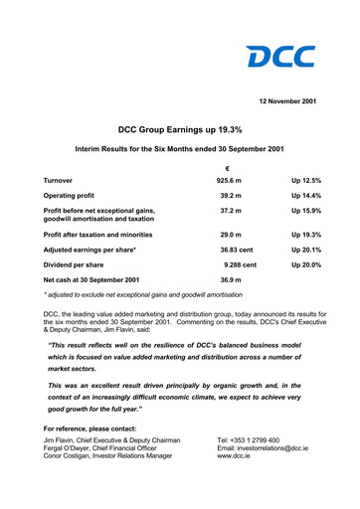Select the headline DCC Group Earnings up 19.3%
point(180,129)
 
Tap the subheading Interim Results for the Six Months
point(180,149)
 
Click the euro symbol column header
point(228,167)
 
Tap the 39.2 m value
point(230,198)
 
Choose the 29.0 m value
point(230,234)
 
